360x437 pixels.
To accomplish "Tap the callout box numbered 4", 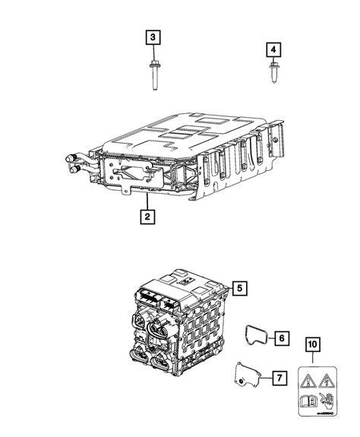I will (x=273, y=49).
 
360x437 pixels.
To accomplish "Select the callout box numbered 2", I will (x=146, y=218).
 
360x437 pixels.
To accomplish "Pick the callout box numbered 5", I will (x=239, y=288).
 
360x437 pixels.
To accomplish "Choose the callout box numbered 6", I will (x=280, y=335).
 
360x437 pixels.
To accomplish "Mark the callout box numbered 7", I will (x=280, y=377).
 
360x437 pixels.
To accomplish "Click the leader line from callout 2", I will (x=146, y=202).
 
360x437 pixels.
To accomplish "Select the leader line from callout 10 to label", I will (x=311, y=356).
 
